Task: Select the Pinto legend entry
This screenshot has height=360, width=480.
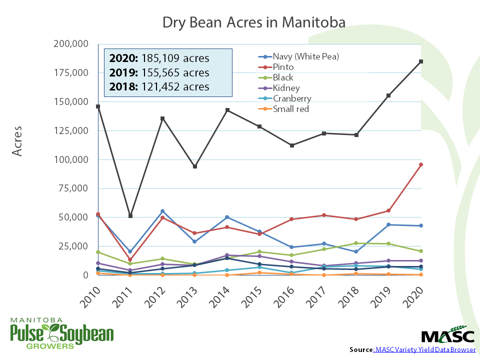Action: pyautogui.click(x=283, y=67)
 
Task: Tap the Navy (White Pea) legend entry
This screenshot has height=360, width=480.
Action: pyautogui.click(x=305, y=56)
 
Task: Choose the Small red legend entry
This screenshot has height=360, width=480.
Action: pyautogui.click(x=291, y=109)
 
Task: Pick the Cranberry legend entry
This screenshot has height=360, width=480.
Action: pyautogui.click(x=291, y=98)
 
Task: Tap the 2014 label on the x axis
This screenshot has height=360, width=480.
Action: pyautogui.click(x=219, y=296)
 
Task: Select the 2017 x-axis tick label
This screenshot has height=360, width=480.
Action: pyautogui.click(x=316, y=296)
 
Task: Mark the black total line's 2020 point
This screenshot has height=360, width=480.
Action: pyautogui.click(x=421, y=61)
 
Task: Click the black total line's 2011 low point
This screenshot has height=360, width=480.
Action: pyautogui.click(x=130, y=216)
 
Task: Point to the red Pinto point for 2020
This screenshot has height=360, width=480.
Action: pyautogui.click(x=421, y=164)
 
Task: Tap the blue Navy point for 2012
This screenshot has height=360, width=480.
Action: pyautogui.click(x=162, y=211)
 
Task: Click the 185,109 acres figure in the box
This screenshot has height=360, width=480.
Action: pyautogui.click(x=175, y=57)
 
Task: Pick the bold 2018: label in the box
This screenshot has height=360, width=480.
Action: pyautogui.click(x=123, y=86)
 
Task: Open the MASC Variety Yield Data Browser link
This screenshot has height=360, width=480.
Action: pyautogui.click(x=425, y=349)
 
